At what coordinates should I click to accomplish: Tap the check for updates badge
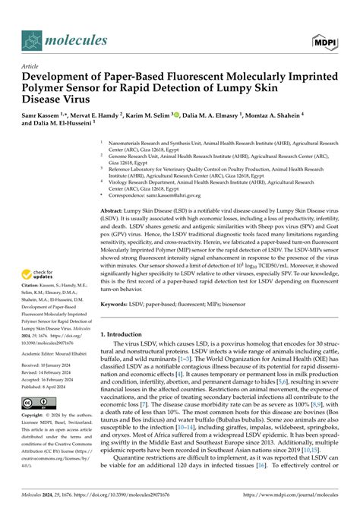[37, 275]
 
